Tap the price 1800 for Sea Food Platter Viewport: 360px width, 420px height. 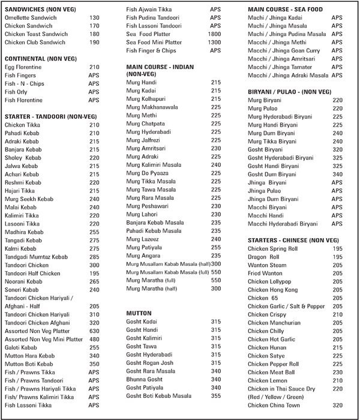pos(214,35)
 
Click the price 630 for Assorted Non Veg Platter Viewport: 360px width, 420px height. pos(94,330)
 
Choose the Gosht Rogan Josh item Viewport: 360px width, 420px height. pos(149,362)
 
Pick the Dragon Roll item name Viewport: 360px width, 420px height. pos(265,256)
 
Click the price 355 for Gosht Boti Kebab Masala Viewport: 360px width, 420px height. pos(216,395)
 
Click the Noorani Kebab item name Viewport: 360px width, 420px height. pos(23,281)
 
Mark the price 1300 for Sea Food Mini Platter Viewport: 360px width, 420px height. pos(214,43)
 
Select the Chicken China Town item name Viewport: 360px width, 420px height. pos(273,405)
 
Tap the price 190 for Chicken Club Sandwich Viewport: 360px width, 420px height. pos(94,43)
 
